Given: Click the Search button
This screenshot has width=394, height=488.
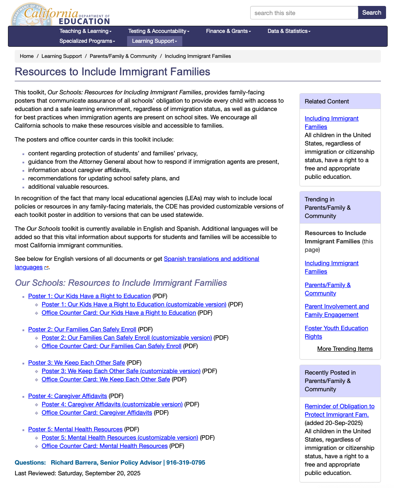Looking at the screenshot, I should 372,13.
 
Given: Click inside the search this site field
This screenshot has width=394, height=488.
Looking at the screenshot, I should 304,13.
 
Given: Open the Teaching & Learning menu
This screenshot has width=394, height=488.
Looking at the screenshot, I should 85,31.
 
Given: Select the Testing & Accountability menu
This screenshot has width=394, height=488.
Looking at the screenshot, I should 158,31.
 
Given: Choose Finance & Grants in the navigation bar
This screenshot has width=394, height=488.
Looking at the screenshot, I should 228,31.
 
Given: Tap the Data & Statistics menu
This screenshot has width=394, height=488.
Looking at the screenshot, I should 289,31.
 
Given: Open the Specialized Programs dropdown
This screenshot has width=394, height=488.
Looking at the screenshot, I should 87,41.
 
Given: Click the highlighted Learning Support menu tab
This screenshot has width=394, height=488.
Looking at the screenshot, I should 155,41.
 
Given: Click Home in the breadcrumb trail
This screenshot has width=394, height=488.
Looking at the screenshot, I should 27,56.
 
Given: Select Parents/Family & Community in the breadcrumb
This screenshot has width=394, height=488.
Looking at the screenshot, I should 123,56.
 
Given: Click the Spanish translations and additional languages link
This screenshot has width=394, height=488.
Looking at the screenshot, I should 211,259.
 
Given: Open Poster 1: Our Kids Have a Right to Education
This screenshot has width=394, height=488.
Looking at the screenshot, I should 89,296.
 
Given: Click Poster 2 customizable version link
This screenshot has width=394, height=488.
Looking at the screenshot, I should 127,338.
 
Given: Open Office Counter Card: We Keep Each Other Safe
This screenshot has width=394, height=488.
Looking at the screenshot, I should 106,379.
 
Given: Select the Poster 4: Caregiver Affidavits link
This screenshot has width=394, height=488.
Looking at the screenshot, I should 68,396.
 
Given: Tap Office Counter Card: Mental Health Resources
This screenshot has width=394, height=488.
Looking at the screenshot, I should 104,446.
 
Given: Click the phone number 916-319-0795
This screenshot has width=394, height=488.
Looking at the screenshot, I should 185,463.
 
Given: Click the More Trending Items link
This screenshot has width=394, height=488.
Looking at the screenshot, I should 345,349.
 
